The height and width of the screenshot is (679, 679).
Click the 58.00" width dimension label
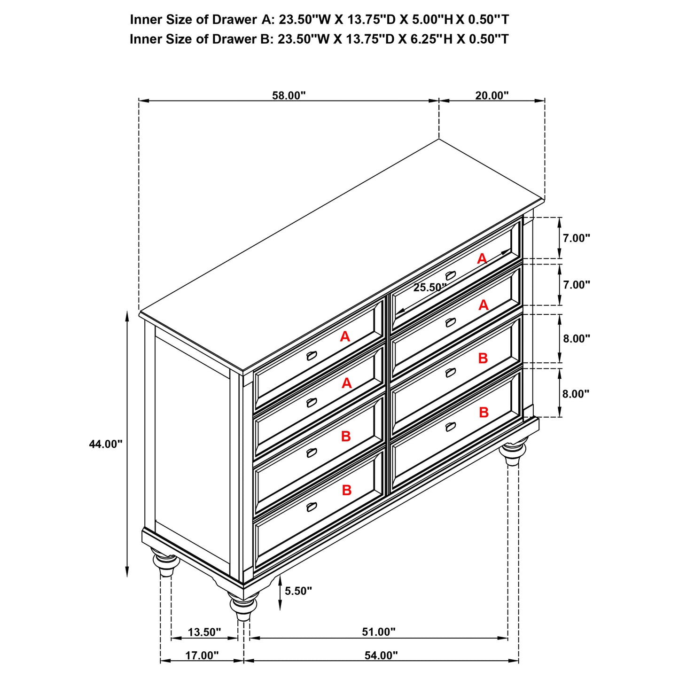(289, 95)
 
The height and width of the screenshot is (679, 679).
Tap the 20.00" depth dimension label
(492, 95)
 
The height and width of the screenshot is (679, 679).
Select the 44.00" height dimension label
(106, 444)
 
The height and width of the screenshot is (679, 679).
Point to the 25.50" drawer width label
(429, 288)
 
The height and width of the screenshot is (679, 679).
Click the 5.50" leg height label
(298, 591)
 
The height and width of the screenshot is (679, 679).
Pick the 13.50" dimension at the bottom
(204, 632)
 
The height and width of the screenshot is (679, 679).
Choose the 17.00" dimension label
(202, 655)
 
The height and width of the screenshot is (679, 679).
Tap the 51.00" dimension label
(378, 632)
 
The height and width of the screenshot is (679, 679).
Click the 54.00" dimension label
(381, 655)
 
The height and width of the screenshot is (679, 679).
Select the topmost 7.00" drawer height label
(576, 238)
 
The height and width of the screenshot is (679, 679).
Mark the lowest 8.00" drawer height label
(576, 394)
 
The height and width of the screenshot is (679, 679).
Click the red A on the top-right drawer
(482, 258)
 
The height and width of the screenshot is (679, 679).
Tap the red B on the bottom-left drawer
(346, 491)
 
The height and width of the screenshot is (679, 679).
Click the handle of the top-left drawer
(312, 355)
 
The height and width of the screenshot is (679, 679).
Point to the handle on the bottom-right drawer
(450, 427)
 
